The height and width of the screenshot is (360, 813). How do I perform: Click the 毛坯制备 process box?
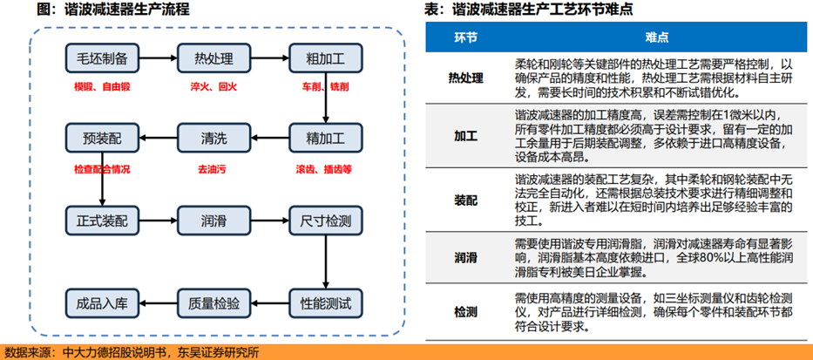click(103, 58)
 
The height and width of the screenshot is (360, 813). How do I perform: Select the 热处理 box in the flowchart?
click(214, 58)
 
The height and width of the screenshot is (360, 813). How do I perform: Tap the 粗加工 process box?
click(326, 58)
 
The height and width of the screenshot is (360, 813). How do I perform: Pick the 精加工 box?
click(326, 138)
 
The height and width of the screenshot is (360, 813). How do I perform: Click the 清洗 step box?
click(214, 138)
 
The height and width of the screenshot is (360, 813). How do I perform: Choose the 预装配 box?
click(103, 138)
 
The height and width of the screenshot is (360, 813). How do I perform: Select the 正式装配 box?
click(103, 221)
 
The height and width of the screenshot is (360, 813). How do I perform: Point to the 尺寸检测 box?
click(326, 221)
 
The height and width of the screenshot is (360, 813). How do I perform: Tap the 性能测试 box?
click(326, 303)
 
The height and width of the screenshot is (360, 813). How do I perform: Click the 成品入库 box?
click(103, 303)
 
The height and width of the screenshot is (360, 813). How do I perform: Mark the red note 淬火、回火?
click(213, 86)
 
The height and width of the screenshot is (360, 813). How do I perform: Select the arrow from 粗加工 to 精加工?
click(326, 98)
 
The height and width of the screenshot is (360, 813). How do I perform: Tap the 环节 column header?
click(465, 37)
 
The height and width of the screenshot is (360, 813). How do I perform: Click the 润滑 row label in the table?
click(465, 257)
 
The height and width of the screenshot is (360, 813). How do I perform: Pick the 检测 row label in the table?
click(465, 312)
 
